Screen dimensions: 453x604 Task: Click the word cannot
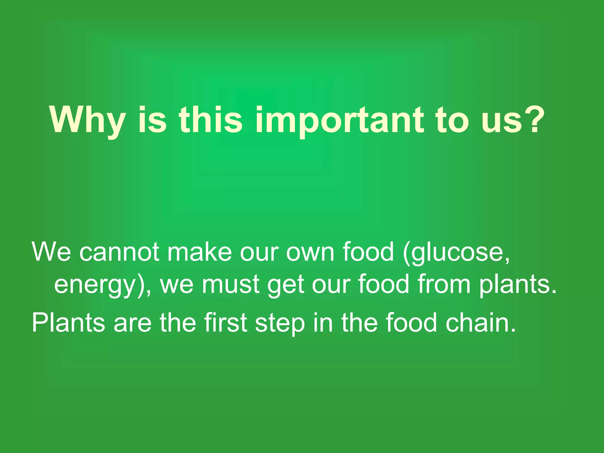(119, 252)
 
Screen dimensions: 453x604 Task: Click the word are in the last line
(132, 323)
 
